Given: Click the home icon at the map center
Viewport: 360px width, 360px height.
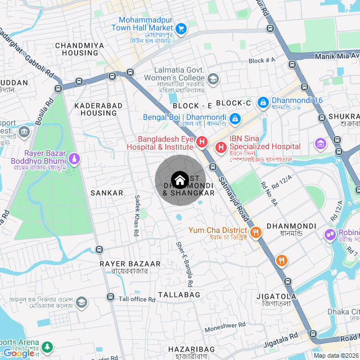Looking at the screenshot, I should click(x=179, y=181).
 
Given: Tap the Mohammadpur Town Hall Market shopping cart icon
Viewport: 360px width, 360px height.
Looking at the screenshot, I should click(x=181, y=28).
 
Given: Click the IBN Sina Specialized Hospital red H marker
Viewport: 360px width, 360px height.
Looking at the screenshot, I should click(x=221, y=147).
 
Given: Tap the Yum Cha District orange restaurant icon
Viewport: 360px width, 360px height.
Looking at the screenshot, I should click(x=255, y=231).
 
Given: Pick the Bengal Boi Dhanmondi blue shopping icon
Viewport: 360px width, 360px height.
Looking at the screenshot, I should click(x=235, y=118).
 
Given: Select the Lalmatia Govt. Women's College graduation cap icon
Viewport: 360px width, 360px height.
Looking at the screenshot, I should click(x=214, y=79).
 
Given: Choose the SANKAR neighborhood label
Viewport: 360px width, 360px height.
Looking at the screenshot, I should click(x=107, y=193).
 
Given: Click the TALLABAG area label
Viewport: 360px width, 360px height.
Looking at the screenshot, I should click(x=179, y=295).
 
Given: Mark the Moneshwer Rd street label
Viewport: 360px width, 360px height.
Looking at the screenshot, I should click(x=225, y=325).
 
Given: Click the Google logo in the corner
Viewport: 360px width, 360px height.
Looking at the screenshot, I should click(x=18, y=353).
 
